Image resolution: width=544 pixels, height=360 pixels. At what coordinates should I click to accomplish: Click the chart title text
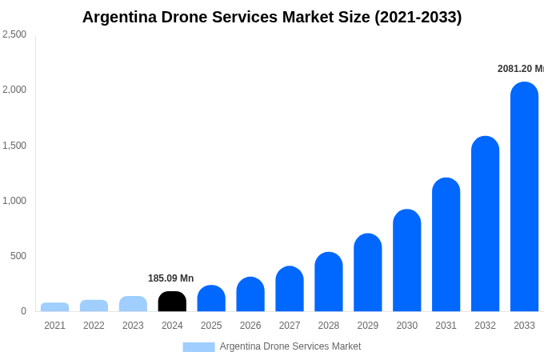pos(272,17)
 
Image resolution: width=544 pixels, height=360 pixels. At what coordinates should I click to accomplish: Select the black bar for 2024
pos(172,302)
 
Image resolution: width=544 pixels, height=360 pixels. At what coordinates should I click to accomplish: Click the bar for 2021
pos(54,307)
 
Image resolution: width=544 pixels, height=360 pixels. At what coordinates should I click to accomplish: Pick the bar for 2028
pos(329,282)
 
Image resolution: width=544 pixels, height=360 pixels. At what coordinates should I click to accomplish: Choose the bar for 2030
pos(406,261)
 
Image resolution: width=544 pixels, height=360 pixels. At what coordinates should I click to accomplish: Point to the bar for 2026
pos(250,294)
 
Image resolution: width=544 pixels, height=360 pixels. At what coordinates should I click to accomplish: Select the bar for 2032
pos(485,224)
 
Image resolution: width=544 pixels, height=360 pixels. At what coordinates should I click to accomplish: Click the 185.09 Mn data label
pos(170,278)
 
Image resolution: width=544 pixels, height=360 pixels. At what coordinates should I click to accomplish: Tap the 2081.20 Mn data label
pos(520,69)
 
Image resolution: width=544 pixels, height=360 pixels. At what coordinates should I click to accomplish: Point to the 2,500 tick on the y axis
pos(14,34)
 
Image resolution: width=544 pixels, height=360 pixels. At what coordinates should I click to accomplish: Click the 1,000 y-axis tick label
pos(14,201)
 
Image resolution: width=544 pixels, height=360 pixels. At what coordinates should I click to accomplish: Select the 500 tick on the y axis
pos(18,256)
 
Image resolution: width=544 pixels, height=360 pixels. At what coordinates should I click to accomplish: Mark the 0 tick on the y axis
pos(23,311)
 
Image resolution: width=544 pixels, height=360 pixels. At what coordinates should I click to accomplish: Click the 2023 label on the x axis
pos(133,326)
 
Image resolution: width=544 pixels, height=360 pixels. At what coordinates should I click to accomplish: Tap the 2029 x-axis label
pos(368,326)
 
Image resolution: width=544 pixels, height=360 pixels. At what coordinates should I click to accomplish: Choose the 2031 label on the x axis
pos(446,326)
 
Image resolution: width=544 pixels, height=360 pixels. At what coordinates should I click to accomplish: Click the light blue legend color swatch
pos(198,347)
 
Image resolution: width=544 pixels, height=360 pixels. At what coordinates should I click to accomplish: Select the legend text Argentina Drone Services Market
pos(290,346)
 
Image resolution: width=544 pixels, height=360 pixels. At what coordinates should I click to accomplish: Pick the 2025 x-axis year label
pos(211,326)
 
